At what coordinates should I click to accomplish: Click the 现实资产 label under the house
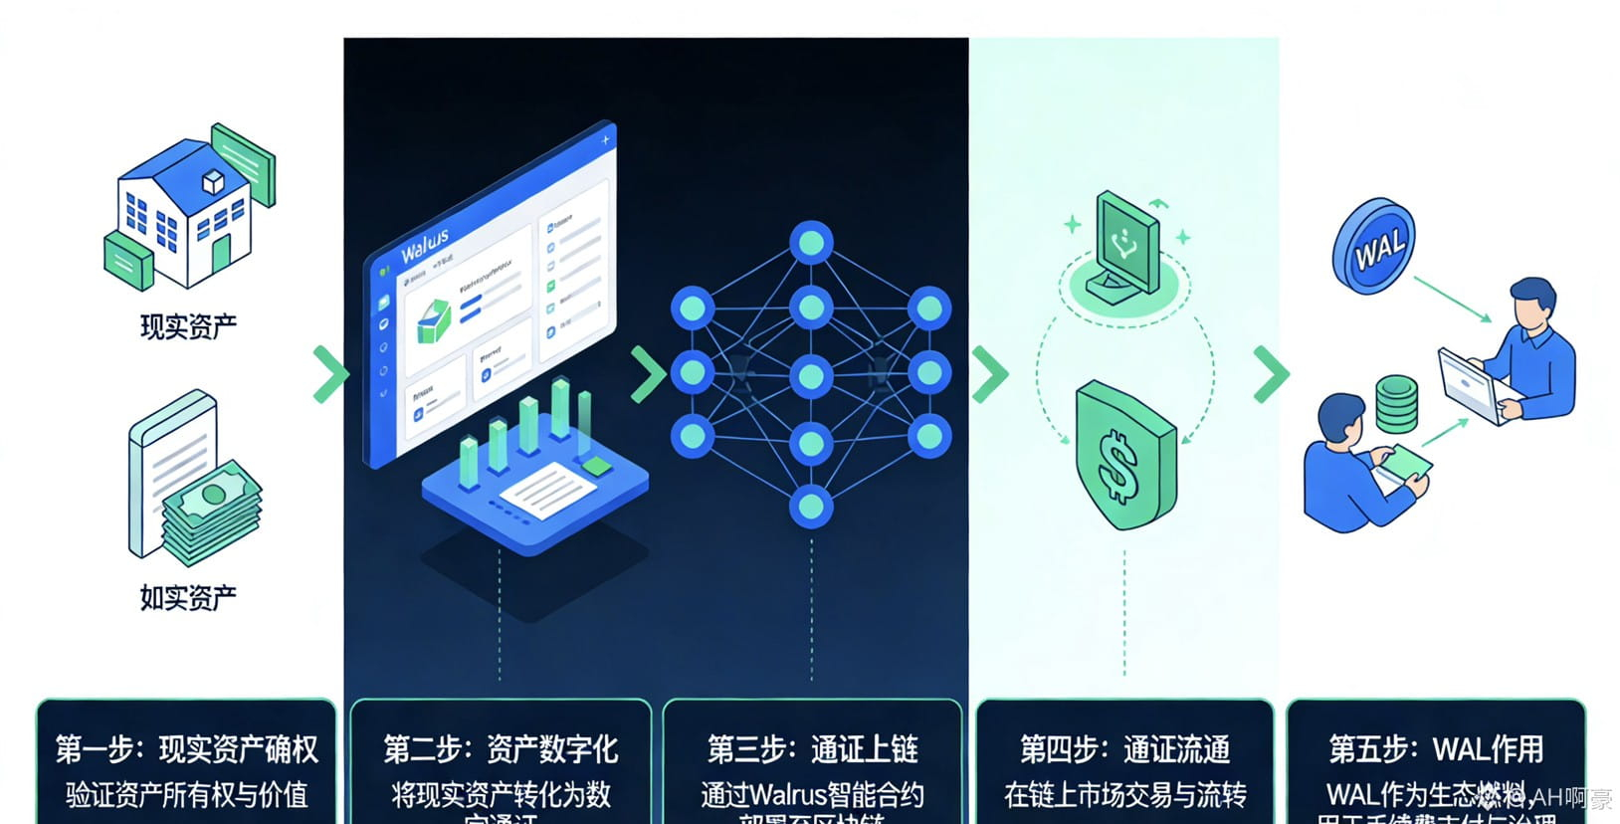click(x=188, y=326)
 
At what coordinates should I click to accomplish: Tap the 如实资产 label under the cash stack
click(x=188, y=597)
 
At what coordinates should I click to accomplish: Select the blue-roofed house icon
click(x=189, y=209)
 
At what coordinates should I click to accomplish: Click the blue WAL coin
click(x=1374, y=246)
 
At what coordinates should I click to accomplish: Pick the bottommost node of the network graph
click(x=811, y=507)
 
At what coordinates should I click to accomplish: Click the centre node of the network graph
click(x=811, y=375)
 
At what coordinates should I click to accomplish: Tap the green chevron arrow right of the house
click(x=330, y=374)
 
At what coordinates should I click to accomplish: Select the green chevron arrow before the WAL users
click(x=1271, y=374)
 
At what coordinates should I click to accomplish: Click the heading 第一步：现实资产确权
click(x=187, y=748)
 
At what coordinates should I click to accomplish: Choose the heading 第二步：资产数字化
click(x=501, y=748)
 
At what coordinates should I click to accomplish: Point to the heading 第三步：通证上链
click(x=812, y=748)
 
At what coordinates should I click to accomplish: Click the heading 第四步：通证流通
click(x=1124, y=748)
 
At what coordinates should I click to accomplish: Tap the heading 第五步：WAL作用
click(x=1436, y=748)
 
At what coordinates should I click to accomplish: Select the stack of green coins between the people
click(x=1396, y=403)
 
